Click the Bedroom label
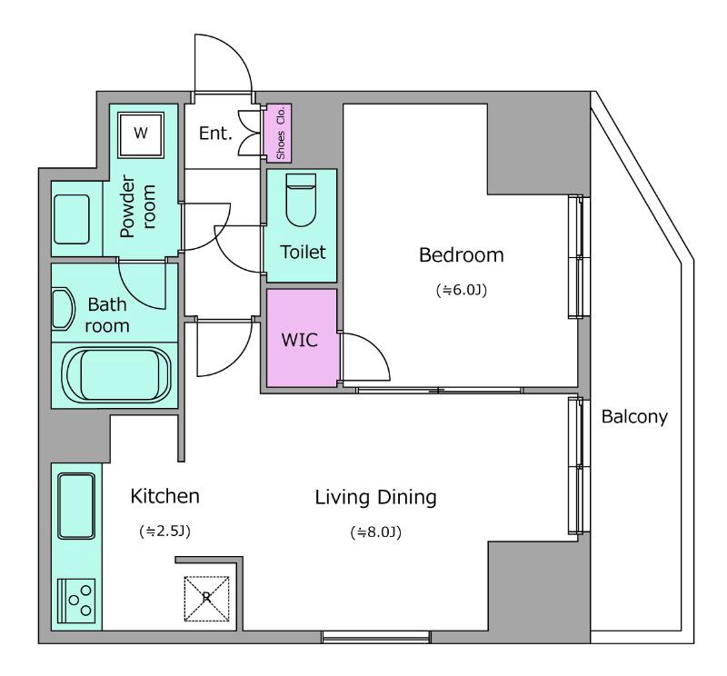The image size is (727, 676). [462, 255]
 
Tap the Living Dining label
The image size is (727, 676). [376, 498]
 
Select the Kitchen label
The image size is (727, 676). [165, 496]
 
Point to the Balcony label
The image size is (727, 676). [634, 417]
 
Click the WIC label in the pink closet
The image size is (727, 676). [300, 341]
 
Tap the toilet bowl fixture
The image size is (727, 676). [301, 200]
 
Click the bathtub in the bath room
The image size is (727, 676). [117, 375]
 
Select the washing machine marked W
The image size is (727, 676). [141, 134]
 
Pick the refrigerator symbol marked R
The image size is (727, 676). [207, 598]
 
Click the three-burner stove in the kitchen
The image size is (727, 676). [76, 601]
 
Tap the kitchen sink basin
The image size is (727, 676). [76, 506]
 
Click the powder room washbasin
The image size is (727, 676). [72, 219]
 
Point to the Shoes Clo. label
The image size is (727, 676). [281, 133]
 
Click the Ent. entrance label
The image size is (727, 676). [215, 134]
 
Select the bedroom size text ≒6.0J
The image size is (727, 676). [462, 290]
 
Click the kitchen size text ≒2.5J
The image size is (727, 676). [165, 531]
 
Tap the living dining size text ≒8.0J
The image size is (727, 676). [376, 532]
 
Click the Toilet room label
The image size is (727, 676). [303, 253]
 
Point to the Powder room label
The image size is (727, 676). [137, 206]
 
